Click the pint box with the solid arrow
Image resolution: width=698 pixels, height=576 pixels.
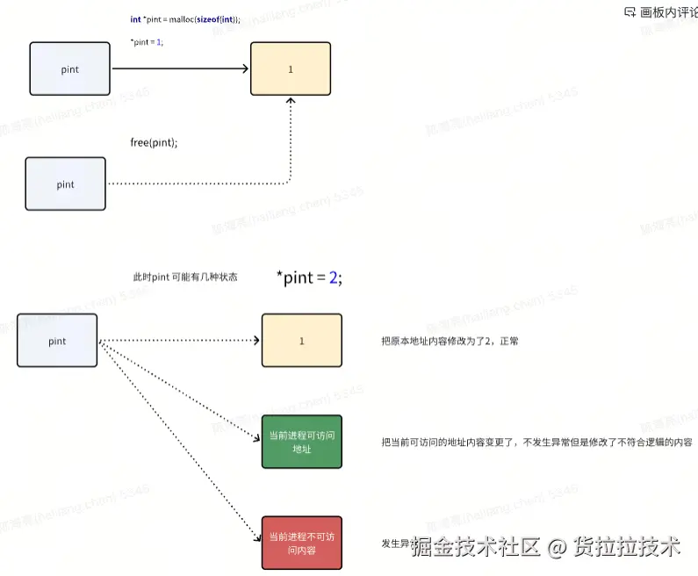tap(70, 68)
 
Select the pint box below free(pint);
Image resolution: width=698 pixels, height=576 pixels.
tap(66, 184)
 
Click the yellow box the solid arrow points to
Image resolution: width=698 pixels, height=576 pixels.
tap(291, 68)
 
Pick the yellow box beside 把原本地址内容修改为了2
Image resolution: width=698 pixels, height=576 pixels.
tap(302, 341)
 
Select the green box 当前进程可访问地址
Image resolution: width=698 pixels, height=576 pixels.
tap(302, 443)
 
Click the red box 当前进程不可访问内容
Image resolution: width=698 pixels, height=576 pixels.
tap(302, 544)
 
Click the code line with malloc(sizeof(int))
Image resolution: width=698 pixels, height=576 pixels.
tap(184, 19)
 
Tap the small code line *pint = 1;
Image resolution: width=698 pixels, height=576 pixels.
tap(147, 42)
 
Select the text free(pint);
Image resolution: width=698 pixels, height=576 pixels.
tap(154, 142)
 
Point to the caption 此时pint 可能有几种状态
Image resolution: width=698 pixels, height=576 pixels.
tap(184, 277)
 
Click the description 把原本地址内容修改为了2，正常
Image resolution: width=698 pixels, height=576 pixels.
tap(450, 341)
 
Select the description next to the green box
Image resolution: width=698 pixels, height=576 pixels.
tap(536, 443)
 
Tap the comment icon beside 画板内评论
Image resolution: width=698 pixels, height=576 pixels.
tap(629, 12)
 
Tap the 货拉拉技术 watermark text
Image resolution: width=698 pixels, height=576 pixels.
tap(627, 547)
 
